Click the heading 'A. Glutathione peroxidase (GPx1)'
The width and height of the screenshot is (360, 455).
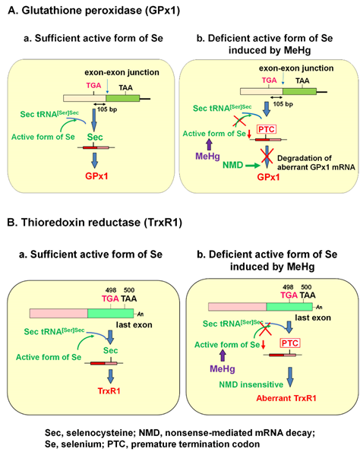point(93,11)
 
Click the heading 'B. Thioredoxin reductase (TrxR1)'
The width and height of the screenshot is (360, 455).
point(95,223)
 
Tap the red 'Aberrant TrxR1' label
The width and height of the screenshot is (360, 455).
point(286,398)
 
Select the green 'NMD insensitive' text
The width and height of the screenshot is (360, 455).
point(251,384)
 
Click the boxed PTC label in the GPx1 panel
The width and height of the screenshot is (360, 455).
point(267,129)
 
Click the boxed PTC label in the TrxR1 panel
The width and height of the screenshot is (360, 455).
point(290,343)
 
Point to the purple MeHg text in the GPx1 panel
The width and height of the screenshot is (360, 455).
point(207,156)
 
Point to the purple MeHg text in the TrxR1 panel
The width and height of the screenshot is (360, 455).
point(223,369)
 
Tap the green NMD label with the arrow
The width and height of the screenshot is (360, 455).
point(233,165)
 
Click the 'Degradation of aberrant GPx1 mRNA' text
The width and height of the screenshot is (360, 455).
point(316,163)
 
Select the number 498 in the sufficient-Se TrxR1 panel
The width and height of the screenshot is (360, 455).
point(111,290)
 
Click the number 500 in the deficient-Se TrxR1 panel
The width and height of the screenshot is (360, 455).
point(306,287)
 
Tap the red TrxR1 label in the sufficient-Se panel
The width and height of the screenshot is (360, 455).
point(109,391)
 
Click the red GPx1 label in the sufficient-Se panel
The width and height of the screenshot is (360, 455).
point(96,176)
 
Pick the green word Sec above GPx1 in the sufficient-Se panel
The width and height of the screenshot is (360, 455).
point(95,137)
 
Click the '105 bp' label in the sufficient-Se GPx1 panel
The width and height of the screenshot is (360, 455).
point(107,109)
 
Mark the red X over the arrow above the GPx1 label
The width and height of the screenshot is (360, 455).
point(267,155)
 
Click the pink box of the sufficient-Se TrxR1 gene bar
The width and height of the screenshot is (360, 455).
point(58,314)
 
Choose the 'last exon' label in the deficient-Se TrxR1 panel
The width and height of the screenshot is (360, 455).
point(313,318)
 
